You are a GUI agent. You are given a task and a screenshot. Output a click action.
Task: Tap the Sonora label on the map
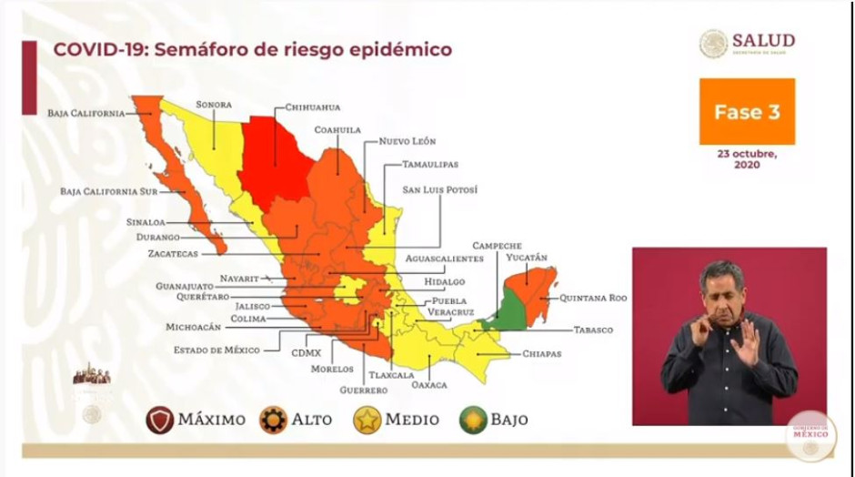214,105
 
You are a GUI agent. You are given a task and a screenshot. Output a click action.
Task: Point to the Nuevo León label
407,142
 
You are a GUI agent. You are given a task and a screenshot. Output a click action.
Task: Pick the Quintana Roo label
593,298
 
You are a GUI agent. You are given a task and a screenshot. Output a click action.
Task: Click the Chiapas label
541,353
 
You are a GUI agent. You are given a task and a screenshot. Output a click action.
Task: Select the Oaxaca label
429,384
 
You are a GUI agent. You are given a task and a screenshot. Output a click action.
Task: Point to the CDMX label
304,350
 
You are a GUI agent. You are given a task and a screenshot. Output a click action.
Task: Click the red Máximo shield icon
160,420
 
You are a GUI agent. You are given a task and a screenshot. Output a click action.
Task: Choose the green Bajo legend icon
472,420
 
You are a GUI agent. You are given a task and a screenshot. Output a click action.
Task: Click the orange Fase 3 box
747,112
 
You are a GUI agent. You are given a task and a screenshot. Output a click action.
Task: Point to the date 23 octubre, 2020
747,159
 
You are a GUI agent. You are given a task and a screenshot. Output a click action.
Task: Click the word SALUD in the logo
764,40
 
